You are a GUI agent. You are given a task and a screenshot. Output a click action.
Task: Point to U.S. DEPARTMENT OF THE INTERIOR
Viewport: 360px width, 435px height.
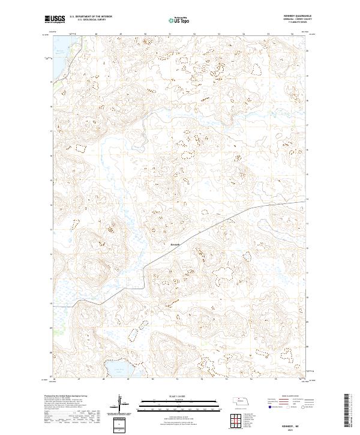click(x=91, y=17)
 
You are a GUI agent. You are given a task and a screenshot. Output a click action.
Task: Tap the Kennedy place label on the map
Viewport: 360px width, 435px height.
click(x=174, y=244)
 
